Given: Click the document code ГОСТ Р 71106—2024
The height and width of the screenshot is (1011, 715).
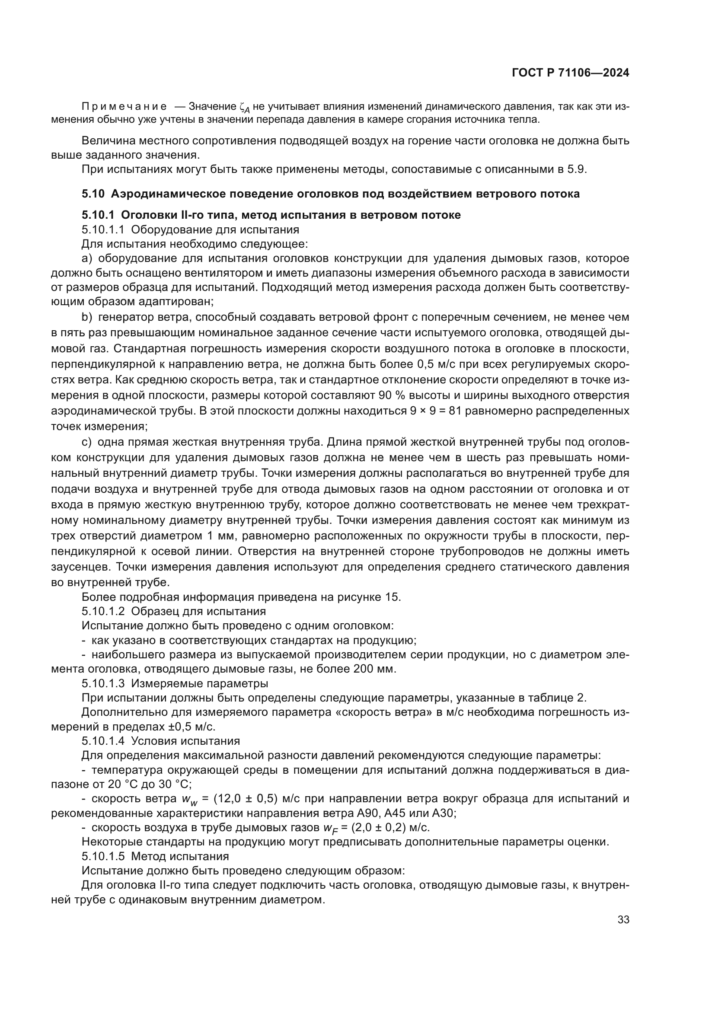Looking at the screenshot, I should (570, 73).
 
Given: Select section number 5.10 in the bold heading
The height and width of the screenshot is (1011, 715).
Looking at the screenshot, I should (93, 194).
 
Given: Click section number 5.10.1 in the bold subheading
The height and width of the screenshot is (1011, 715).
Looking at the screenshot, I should (98, 215).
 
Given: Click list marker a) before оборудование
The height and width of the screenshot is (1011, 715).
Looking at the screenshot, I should (87, 258).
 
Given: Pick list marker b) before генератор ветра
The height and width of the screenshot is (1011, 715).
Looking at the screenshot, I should (87, 317).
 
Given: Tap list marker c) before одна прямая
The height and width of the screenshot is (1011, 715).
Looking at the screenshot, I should (87, 442).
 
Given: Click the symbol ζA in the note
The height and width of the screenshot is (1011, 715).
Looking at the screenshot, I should (245, 108).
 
